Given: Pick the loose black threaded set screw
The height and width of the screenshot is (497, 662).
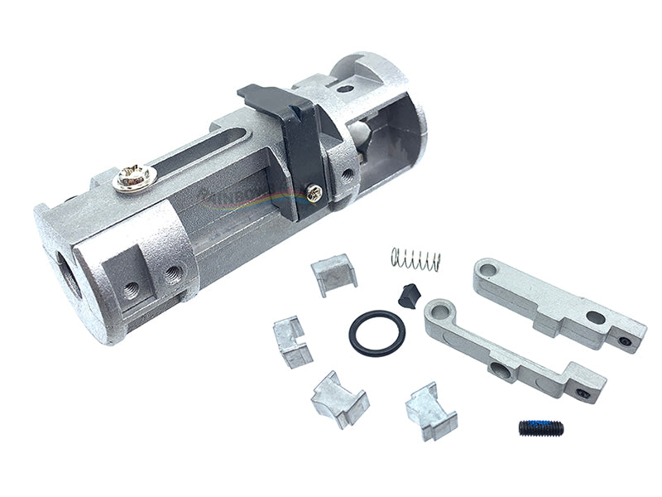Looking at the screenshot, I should pos(542,428).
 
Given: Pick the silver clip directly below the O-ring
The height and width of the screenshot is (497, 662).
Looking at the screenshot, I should pos(338,397).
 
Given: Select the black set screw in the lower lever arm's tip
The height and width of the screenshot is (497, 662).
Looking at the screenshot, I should pos(585,394).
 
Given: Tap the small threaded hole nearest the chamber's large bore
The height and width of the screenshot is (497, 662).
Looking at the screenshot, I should pos(131,290).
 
